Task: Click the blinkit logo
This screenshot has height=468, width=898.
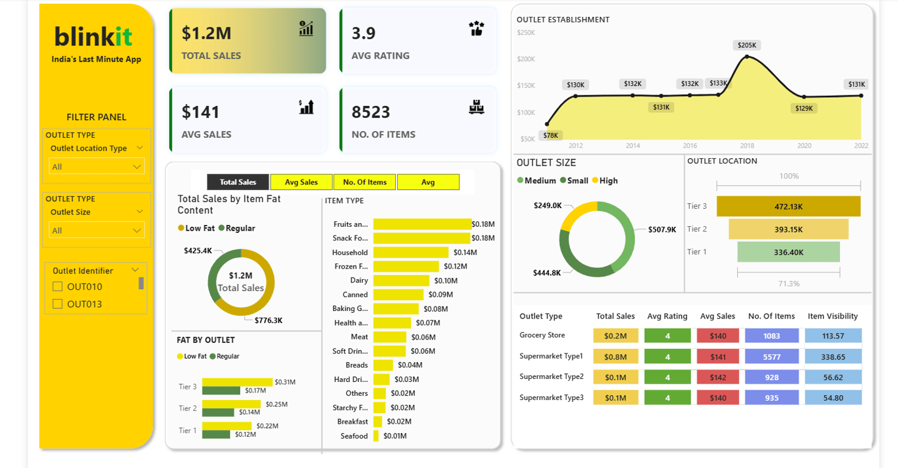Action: click(94, 37)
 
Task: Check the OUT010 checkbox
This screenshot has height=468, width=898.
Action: click(58, 287)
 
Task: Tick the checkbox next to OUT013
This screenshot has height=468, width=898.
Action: click(58, 304)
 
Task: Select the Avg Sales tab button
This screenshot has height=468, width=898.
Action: click(301, 182)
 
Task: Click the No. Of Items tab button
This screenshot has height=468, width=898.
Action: click(365, 182)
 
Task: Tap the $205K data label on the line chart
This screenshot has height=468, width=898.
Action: click(746, 45)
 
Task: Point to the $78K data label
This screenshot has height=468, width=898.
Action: click(551, 135)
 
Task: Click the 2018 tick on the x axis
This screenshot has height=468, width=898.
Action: click(747, 146)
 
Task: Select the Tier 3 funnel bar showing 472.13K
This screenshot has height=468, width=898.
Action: click(788, 206)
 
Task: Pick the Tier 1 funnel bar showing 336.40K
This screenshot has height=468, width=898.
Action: click(788, 252)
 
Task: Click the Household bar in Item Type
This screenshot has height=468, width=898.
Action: click(410, 252)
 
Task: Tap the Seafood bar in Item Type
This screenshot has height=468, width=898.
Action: click(376, 436)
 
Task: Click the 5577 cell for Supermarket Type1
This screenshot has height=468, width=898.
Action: click(771, 357)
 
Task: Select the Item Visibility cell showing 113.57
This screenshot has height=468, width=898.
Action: click(833, 336)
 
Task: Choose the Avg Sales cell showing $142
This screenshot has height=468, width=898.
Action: click(718, 377)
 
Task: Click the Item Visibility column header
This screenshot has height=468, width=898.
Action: click(833, 316)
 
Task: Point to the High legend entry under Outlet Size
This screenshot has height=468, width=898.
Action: click(604, 181)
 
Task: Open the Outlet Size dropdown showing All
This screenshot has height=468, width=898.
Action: click(97, 231)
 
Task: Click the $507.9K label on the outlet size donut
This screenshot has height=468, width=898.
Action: click(662, 229)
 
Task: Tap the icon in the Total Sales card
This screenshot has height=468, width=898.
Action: click(306, 29)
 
